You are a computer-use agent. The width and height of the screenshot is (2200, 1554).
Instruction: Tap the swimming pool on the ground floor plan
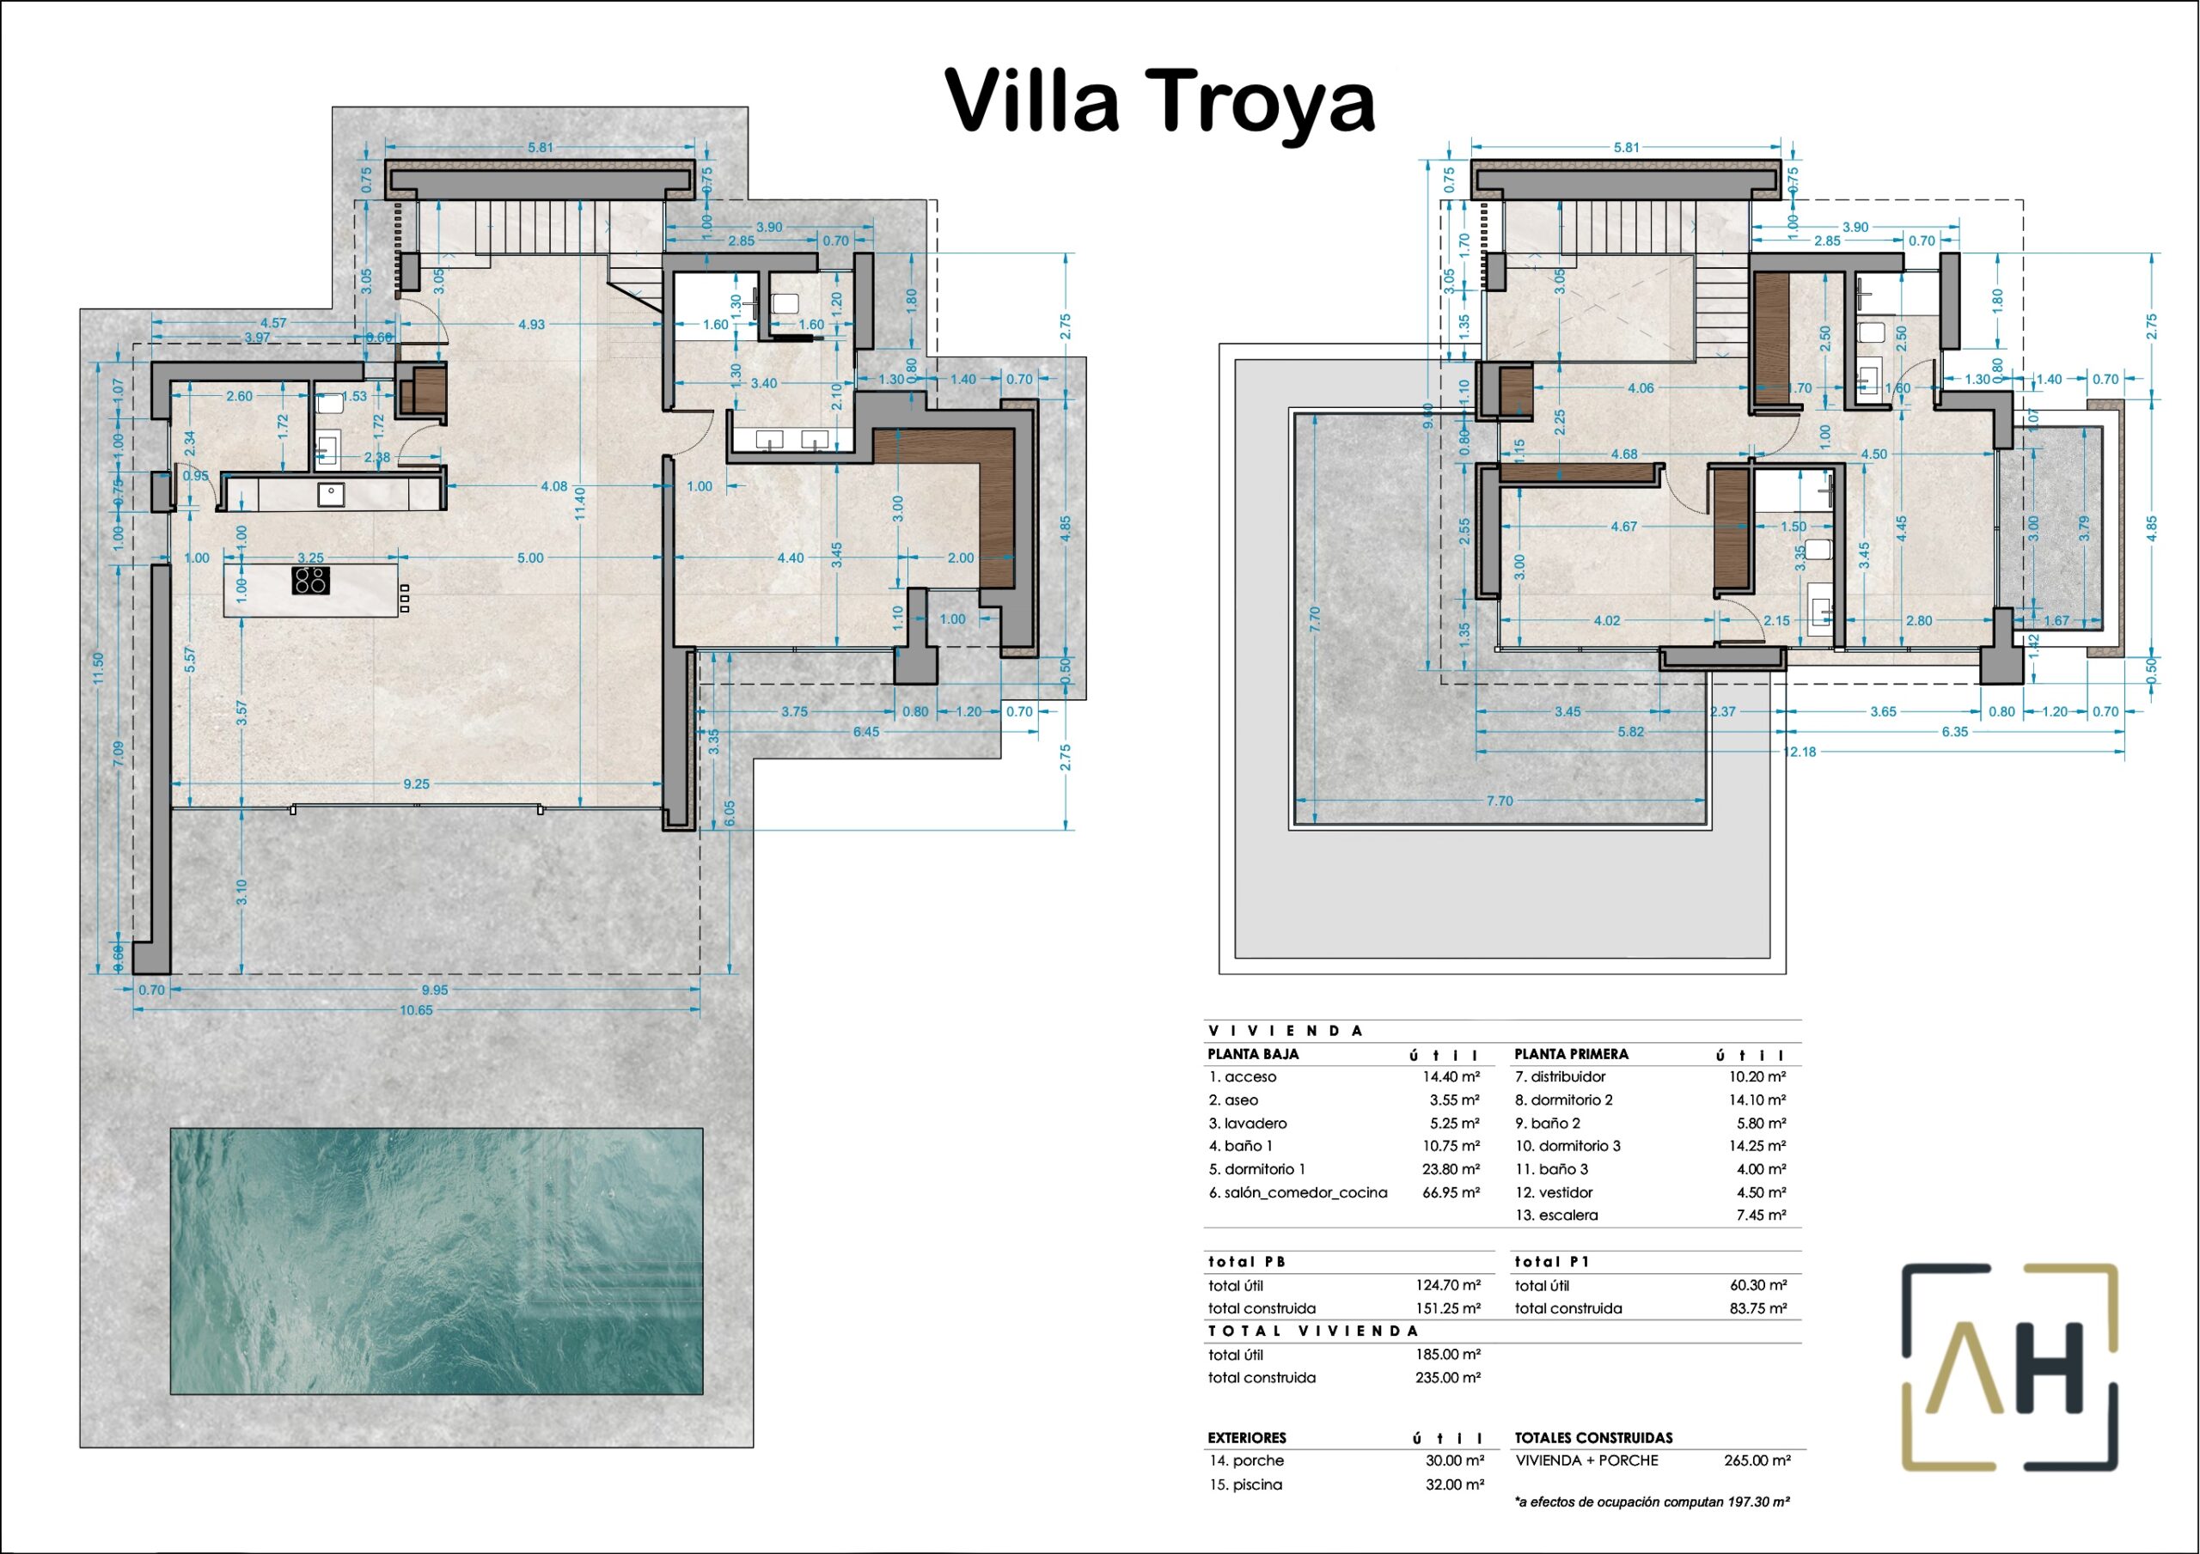[437, 1261]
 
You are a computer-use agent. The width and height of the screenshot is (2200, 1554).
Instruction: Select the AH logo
[2009, 1368]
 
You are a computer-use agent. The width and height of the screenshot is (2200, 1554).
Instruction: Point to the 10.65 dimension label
[416, 1010]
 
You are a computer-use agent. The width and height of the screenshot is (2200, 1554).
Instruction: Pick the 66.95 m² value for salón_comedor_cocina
[1451, 1191]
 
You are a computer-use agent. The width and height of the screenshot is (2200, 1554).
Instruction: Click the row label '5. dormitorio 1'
[1257, 1169]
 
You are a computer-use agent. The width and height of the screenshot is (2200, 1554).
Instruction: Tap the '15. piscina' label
[1244, 1484]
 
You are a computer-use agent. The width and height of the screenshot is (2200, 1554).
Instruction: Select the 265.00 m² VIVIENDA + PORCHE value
[1757, 1460]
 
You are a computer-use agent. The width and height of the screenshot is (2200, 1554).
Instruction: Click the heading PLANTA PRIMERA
[1572, 1054]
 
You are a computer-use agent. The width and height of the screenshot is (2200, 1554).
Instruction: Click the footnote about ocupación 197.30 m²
[1652, 1502]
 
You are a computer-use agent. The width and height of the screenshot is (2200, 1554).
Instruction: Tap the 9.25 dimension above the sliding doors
[416, 783]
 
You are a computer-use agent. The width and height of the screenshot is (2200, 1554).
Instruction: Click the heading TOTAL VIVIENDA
[1313, 1331]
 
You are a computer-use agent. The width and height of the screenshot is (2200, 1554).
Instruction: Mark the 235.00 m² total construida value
[1448, 1378]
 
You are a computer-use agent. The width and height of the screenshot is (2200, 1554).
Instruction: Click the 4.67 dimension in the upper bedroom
[1623, 526]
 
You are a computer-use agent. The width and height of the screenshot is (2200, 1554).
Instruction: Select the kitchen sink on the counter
[332, 494]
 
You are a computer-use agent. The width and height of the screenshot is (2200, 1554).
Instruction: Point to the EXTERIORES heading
[1247, 1438]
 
